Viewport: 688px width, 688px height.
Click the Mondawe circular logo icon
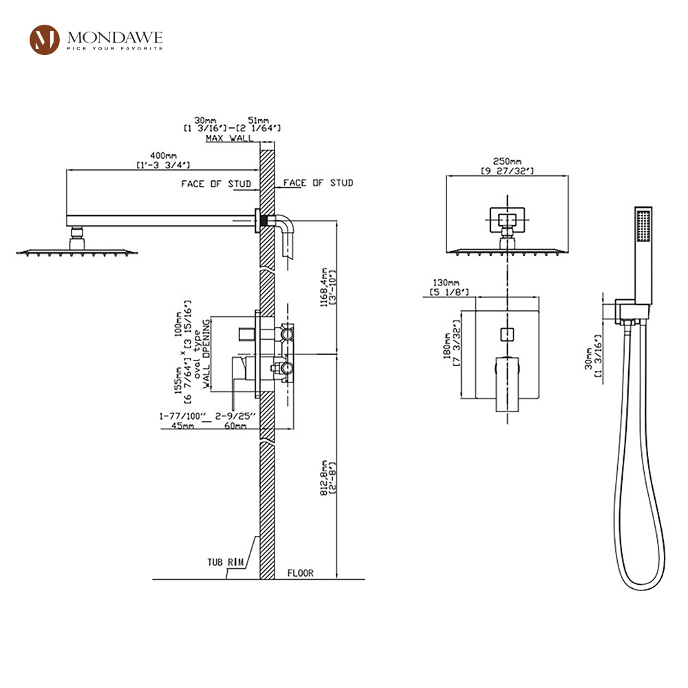pos(45,40)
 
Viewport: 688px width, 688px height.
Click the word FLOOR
pos(301,572)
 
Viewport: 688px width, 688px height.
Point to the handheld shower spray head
pos(643,227)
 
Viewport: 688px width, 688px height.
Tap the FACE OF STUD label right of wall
pos(318,183)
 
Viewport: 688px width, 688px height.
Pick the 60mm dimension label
pos(235,427)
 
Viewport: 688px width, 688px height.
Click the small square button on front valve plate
pos(506,335)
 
